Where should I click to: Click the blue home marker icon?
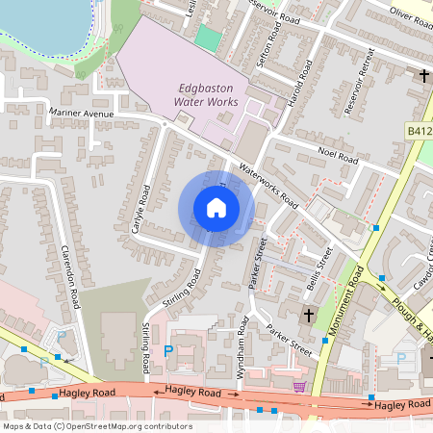(216, 208)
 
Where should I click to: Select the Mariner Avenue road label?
(81, 114)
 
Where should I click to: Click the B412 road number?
(419, 130)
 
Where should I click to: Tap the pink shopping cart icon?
(299, 386)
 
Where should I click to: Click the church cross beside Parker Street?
(309, 315)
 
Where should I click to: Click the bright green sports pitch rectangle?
(207, 38)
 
